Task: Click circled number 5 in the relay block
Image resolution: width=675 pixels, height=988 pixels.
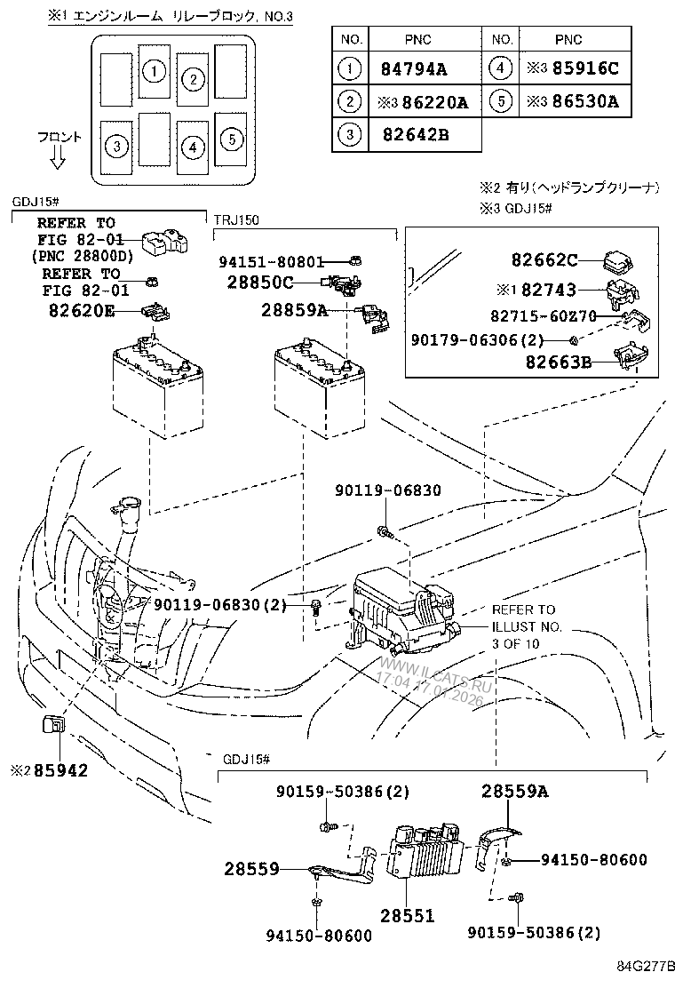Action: coord(229,138)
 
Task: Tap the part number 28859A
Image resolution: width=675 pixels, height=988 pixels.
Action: coord(294,310)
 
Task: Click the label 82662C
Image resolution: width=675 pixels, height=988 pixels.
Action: coord(544,260)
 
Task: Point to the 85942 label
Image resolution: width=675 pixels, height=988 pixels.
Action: coord(61,770)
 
